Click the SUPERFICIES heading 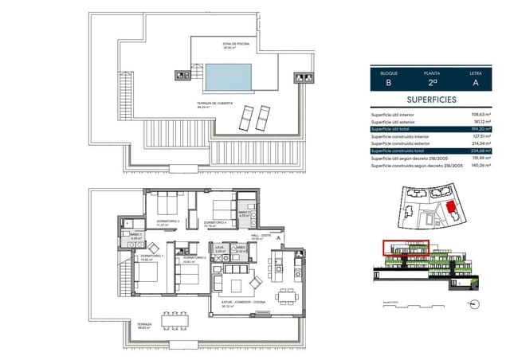pos(432,100)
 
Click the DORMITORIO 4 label pos(215,222)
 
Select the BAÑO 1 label pos(135,234)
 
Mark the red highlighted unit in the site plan pos(451,209)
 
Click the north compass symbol pos(475,303)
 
